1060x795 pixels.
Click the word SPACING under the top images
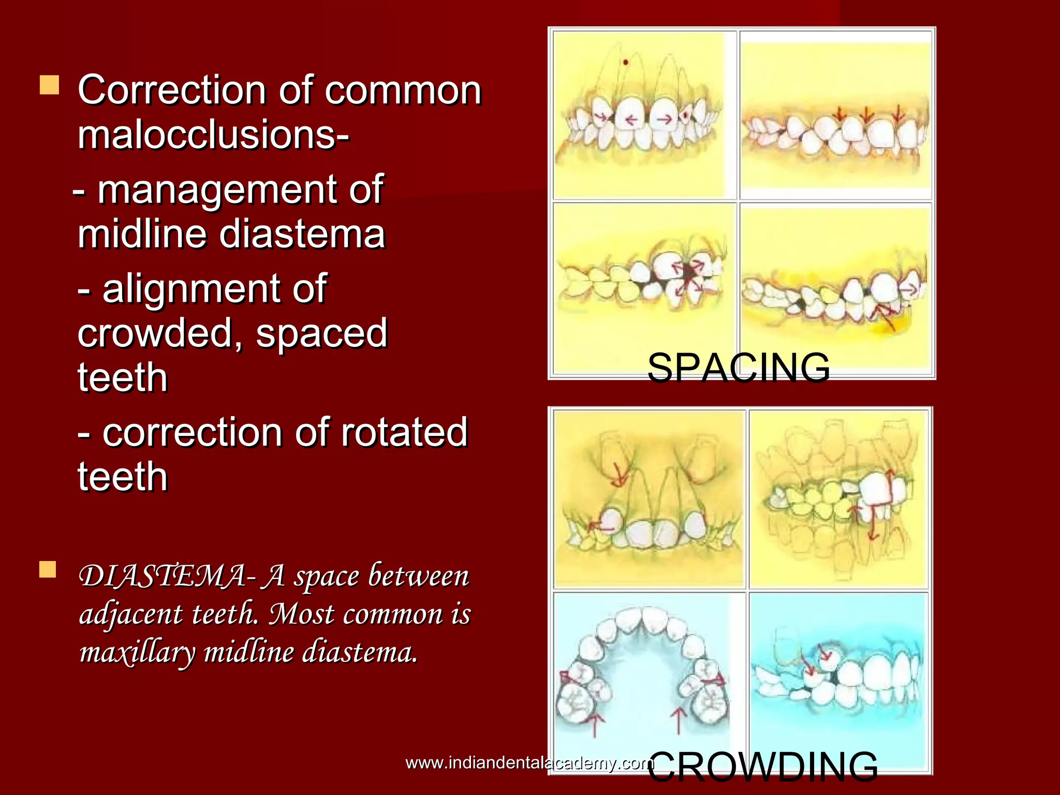(x=739, y=367)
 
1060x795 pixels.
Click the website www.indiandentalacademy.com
(x=529, y=763)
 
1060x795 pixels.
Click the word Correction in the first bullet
(x=171, y=90)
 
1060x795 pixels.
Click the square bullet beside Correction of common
(x=50, y=85)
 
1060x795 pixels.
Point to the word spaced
(x=321, y=333)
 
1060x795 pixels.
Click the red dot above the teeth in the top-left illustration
(x=626, y=63)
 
